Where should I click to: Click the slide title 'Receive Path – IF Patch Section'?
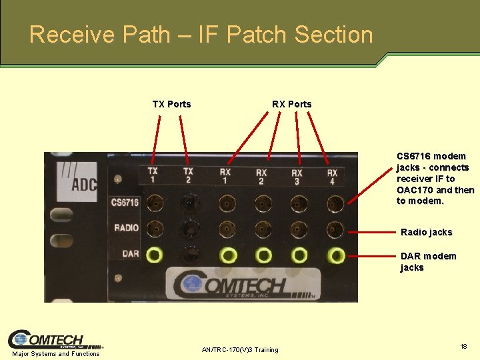[201, 34]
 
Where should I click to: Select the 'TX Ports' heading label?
[171, 104]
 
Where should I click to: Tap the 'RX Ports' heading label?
[291, 104]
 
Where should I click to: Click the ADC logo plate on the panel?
[75, 177]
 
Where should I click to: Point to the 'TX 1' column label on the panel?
[153, 175]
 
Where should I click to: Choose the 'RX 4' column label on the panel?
[332, 176]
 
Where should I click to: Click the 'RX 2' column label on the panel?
[261, 176]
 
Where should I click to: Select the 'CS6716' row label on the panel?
[125, 203]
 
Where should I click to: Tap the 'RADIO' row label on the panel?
[126, 228]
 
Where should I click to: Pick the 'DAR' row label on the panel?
[130, 253]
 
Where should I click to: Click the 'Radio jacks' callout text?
[426, 232]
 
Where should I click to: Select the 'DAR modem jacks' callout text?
[428, 261]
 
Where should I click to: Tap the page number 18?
[463, 347]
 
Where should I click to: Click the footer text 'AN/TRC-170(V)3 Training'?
[240, 350]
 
